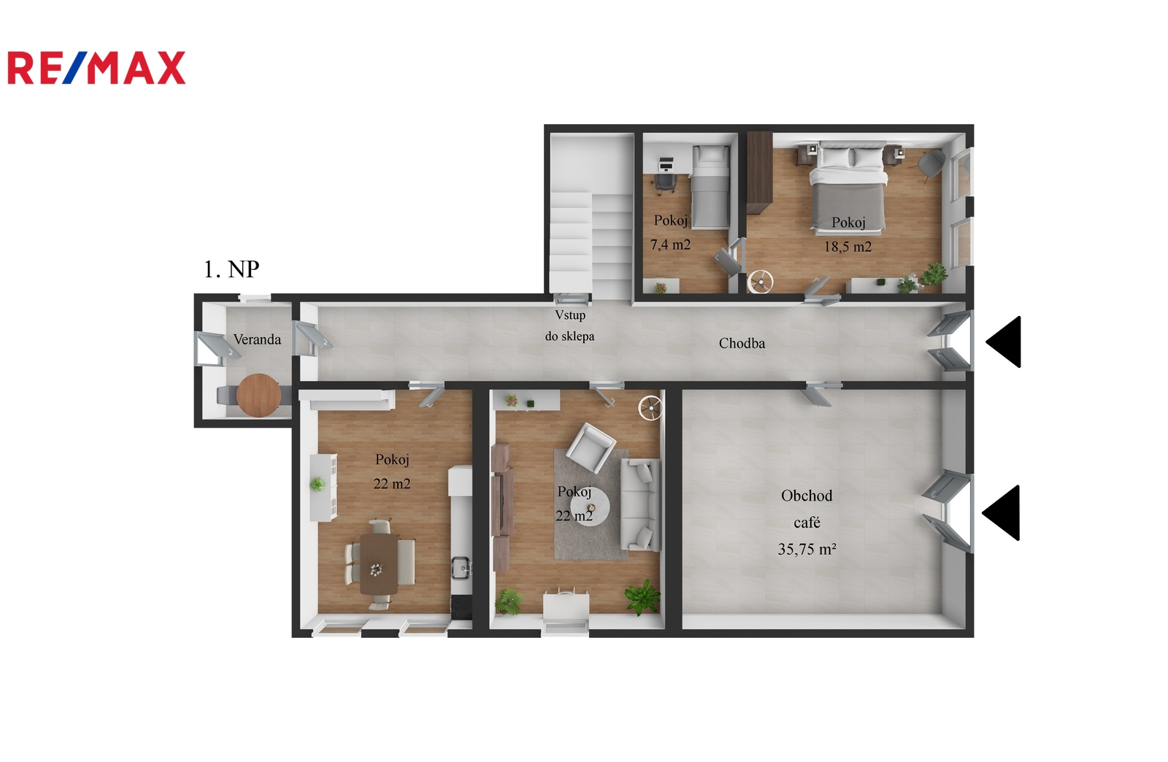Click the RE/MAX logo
pos(96,68)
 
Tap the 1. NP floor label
pos(231,269)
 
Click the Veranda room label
pos(257,340)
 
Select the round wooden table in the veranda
pos(258,395)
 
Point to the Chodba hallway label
pos(742,343)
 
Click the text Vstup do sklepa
pos(570,326)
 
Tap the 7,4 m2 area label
pos(670,245)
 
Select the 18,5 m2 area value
pos(848,247)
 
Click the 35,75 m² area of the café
pos(807,549)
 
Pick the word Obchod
pos(807,496)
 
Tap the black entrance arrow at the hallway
pos(1004,342)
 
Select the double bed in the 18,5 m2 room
pos(848,185)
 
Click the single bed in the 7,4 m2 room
pos(710,187)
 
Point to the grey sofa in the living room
pos(640,504)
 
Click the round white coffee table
pos(589,507)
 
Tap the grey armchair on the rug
pos(591,447)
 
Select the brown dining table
pos(379,563)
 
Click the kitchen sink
pos(461,568)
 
